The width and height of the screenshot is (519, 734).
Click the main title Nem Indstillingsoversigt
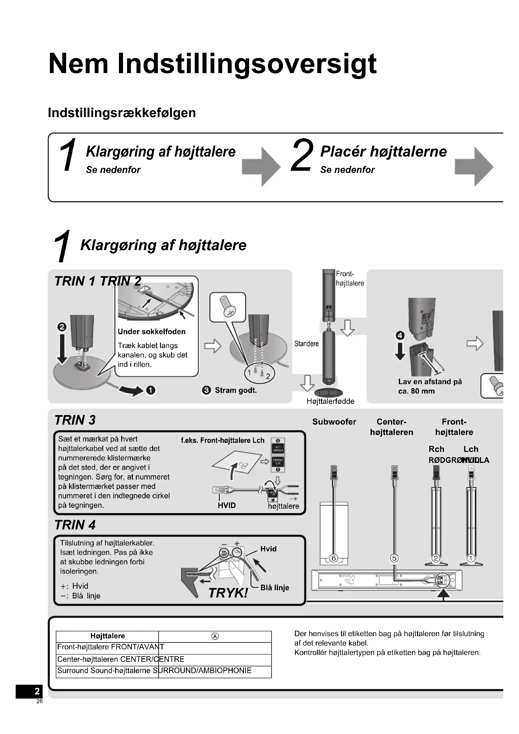click(x=212, y=64)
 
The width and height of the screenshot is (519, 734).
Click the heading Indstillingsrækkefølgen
click(x=122, y=113)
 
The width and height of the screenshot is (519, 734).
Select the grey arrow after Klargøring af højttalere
click(x=261, y=166)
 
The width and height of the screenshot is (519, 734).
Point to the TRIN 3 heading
click(x=75, y=420)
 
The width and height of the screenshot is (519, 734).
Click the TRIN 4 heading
click(x=75, y=525)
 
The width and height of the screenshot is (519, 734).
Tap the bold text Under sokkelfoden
click(x=152, y=331)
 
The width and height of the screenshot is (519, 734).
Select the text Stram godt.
click(x=236, y=390)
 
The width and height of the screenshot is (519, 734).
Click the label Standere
click(x=307, y=344)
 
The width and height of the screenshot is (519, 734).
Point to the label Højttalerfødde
click(x=330, y=401)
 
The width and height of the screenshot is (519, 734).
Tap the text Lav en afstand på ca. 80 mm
click(x=430, y=386)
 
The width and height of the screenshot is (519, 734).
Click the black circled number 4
click(x=400, y=335)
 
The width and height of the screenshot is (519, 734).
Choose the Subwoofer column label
click(x=334, y=422)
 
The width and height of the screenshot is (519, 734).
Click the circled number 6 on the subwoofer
click(x=334, y=558)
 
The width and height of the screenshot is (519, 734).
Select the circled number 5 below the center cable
click(x=394, y=558)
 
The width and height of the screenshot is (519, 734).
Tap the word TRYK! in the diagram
click(x=228, y=593)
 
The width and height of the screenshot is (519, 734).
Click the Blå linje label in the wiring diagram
click(x=275, y=587)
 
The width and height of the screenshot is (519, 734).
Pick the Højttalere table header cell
click(x=107, y=636)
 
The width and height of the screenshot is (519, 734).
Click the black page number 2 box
click(x=29, y=691)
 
